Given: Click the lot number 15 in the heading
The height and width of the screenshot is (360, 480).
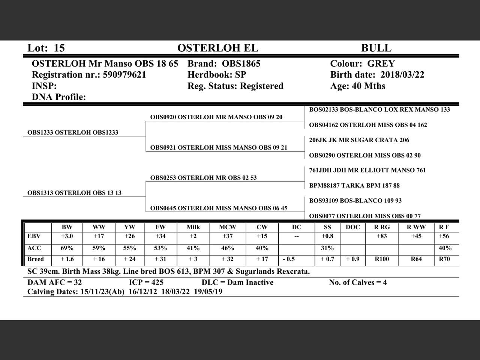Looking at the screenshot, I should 59,48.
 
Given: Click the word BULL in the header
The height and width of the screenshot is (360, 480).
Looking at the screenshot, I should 376,48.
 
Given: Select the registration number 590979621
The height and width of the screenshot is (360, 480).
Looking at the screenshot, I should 124,75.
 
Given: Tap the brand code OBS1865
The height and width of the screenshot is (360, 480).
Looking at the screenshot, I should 241,63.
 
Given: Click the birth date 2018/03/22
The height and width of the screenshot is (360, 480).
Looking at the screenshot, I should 402,75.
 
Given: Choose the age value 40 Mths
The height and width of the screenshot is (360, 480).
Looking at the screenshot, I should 369,86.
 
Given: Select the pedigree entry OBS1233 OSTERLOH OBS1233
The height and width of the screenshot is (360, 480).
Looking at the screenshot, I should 73,132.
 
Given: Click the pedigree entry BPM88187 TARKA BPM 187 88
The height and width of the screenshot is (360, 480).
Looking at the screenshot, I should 354,186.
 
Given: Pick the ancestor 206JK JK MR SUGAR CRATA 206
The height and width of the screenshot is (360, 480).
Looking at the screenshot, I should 359,140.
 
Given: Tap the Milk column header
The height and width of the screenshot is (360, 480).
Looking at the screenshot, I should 193,227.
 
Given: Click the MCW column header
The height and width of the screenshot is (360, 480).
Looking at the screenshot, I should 228,227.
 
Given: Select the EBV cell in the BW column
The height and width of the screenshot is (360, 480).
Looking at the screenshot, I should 67,236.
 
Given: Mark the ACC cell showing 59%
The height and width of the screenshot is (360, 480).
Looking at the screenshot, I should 99,248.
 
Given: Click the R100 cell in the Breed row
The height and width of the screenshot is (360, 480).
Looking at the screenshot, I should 382,259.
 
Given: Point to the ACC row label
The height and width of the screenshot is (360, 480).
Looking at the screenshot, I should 34,248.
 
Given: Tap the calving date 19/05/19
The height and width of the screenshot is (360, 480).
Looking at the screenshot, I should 208,291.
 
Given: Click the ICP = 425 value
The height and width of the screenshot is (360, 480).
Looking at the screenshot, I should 146,282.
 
